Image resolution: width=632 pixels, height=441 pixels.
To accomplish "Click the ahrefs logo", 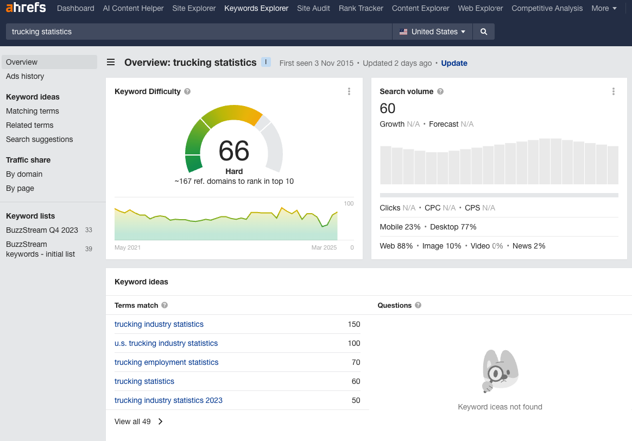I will pyautogui.click(x=26, y=8).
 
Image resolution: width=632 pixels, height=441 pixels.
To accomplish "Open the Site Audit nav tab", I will pyautogui.click(x=313, y=8).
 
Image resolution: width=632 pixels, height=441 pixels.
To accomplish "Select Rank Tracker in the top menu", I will pyautogui.click(x=361, y=8).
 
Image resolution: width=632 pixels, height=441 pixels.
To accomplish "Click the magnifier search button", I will pyautogui.click(x=484, y=32).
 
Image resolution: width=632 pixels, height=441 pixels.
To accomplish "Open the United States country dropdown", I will pyautogui.click(x=433, y=32).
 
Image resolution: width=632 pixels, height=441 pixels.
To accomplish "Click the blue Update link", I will pyautogui.click(x=454, y=63).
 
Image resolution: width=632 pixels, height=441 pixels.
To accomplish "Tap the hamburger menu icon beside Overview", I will pyautogui.click(x=111, y=62).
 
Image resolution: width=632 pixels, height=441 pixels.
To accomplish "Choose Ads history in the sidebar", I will pyautogui.click(x=25, y=76).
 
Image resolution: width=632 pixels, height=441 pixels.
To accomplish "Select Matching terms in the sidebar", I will pyautogui.click(x=33, y=111).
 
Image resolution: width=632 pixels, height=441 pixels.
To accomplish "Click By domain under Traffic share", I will pyautogui.click(x=24, y=174).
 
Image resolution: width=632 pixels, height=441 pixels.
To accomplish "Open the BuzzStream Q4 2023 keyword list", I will pyautogui.click(x=42, y=230).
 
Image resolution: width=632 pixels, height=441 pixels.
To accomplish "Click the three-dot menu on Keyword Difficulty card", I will pyautogui.click(x=349, y=91).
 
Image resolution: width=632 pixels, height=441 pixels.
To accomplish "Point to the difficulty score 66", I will pyautogui.click(x=234, y=151).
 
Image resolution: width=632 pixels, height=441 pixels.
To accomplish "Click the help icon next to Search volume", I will pyautogui.click(x=440, y=91).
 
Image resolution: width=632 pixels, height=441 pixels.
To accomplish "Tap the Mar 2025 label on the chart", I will pyautogui.click(x=324, y=247).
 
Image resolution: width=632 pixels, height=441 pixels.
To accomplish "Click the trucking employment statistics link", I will pyautogui.click(x=166, y=362).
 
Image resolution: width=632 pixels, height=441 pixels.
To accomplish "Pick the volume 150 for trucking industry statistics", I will pyautogui.click(x=354, y=324).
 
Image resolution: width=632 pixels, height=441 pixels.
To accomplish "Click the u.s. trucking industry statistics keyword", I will pyautogui.click(x=166, y=343).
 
